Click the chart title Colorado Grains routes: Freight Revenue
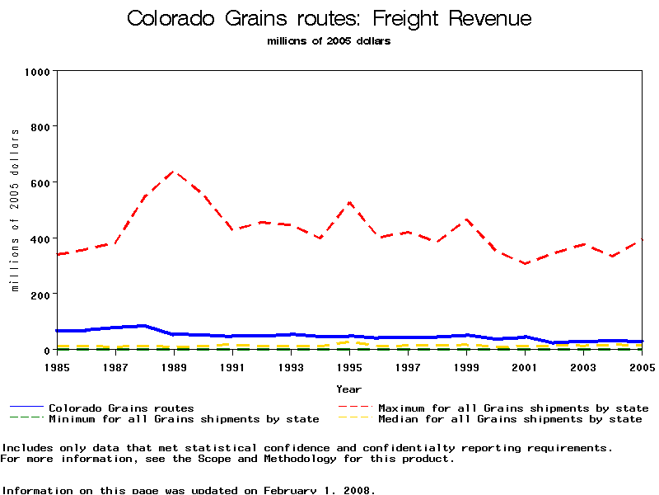point(329,19)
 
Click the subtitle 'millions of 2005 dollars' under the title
point(329,41)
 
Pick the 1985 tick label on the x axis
point(57,365)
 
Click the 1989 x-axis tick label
point(174,365)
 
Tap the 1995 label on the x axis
point(349,365)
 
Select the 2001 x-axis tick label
point(525,365)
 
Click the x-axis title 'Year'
point(348,389)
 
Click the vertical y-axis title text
point(15,210)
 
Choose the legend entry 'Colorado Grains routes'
point(121,408)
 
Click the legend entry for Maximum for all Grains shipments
point(513,408)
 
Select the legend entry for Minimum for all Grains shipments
point(184,419)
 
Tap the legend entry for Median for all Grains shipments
point(510,419)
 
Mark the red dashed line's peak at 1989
point(174,171)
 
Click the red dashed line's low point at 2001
point(525,264)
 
